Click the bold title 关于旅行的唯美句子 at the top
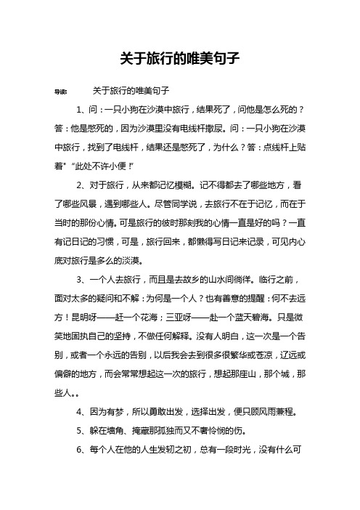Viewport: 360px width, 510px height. click(179, 56)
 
